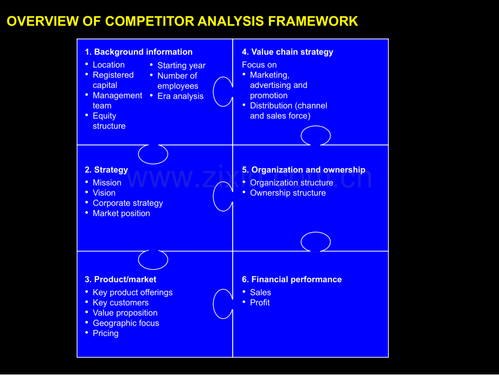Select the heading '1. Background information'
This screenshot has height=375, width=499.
click(x=138, y=52)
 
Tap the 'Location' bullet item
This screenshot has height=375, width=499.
click(x=108, y=65)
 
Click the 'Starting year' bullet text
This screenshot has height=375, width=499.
click(x=181, y=66)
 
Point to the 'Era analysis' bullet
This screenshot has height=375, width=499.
click(x=181, y=96)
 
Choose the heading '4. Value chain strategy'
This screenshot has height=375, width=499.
click(x=287, y=52)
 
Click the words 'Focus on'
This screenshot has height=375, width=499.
click(x=259, y=65)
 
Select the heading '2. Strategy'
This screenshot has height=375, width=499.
click(x=106, y=170)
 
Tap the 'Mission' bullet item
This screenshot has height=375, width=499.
click(x=107, y=183)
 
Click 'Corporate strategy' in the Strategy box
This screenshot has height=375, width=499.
click(x=127, y=203)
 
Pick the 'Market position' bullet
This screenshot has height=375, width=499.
click(x=121, y=213)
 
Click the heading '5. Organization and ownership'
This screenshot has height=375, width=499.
click(x=304, y=170)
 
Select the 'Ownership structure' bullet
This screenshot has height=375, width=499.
click(x=287, y=193)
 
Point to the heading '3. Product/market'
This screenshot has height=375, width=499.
click(x=120, y=279)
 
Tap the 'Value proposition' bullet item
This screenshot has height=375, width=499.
click(x=125, y=313)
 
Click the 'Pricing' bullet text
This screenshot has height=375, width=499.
click(x=106, y=333)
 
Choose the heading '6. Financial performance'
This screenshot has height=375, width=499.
click(x=292, y=279)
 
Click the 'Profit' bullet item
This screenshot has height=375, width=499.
click(x=260, y=302)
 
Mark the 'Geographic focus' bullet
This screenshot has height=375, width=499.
click(x=126, y=323)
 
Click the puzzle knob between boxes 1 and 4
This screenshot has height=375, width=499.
click(x=214, y=92)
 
